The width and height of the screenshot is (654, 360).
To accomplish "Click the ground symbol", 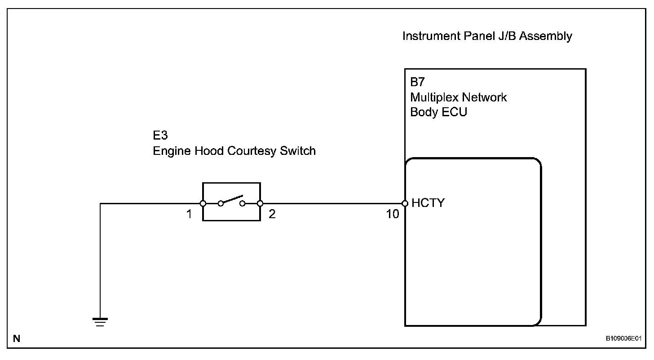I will (100, 321).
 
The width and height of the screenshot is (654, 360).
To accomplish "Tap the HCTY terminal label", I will (428, 203).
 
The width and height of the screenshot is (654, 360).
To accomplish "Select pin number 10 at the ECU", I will (393, 214).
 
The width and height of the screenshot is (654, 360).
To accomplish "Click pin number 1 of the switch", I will (190, 214).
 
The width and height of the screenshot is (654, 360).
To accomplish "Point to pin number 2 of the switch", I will (272, 214).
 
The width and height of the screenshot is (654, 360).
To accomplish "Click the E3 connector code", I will (160, 136).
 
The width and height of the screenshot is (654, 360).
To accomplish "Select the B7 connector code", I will (417, 82).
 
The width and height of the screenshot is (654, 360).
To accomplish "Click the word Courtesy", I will (252, 151).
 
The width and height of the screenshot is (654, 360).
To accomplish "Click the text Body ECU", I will (438, 112).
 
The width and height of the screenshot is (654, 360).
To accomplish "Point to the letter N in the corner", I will (17, 339).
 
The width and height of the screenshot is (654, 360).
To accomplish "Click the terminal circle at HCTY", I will (405, 203).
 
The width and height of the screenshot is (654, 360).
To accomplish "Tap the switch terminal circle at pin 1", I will (203, 203).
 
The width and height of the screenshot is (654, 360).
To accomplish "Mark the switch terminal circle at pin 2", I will (260, 203).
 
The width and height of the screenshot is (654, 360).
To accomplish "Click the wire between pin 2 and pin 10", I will (332, 203).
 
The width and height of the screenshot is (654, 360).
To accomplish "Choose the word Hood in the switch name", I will (210, 151).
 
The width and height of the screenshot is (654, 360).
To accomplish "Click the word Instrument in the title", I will (431, 36).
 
